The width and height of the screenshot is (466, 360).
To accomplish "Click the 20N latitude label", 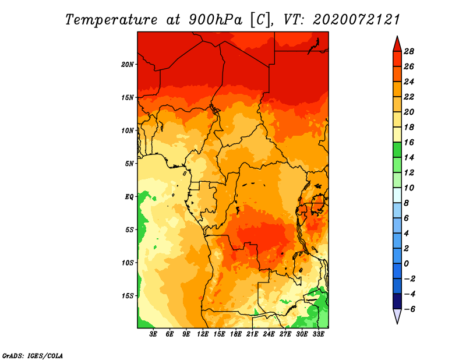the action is pos(128,65).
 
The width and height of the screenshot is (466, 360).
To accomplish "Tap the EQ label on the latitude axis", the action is pos(129,197).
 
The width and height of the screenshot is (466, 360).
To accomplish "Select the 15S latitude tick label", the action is pos(128,296).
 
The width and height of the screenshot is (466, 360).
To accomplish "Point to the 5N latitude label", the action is pos(129,164).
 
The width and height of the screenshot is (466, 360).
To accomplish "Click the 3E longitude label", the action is pos(153,334).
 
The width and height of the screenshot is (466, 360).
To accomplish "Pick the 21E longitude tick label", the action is pos(252,334).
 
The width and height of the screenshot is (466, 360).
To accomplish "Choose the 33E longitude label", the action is pos(318,334).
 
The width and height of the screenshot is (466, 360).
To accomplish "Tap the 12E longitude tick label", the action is pos(203,334).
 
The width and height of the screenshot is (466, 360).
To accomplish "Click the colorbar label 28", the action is pos(409,51).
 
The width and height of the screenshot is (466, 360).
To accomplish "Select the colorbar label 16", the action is pos(409,142).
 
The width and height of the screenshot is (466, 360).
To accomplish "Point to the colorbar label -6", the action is pos(409,309).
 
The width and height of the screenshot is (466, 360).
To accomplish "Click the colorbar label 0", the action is pos(406,264).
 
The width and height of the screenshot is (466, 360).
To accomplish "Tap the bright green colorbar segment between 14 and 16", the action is pos(397,150).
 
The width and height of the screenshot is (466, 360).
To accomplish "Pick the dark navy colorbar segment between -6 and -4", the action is pos(397,301).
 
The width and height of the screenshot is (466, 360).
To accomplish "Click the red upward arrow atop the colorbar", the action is pos(397,44).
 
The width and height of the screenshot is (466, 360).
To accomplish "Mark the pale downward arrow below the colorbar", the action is pos(397,316).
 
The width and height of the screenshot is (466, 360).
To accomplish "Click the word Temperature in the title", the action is pos(111,20).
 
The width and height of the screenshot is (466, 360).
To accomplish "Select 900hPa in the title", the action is pos(216,20).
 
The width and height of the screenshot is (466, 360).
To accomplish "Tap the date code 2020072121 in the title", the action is pos(356,20).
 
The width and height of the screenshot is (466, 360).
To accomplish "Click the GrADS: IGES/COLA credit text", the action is pos(33,355).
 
